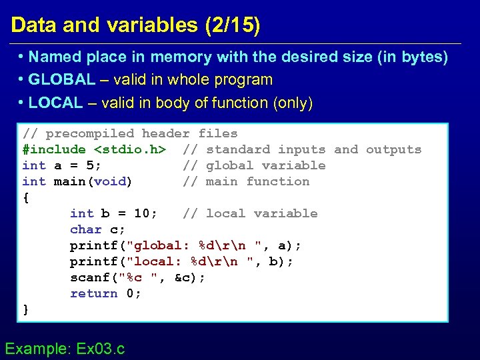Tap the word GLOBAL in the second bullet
coord(62,80)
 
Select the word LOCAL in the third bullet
coord(56,103)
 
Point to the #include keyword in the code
coord(54,149)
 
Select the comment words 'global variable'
coord(266,165)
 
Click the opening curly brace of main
coord(26,197)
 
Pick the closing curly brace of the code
coord(26,309)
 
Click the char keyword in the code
coord(85,229)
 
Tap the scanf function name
coord(89,277)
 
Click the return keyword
coord(93,293)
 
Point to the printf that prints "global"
coord(93,245)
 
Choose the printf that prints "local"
coord(93,261)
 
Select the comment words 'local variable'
coord(262,213)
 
